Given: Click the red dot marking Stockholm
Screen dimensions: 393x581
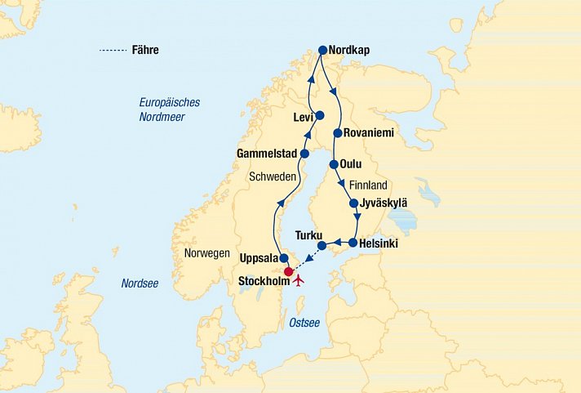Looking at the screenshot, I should tap(287, 272).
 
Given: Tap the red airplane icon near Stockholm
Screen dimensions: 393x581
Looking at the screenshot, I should tap(298, 281).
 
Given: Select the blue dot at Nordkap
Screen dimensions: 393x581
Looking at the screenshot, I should tap(322, 50).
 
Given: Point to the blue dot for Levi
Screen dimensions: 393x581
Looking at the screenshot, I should tap(320, 115).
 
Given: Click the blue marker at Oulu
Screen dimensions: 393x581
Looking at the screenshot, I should tap(334, 164).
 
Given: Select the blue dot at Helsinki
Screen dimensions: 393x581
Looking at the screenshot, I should tap(353, 243).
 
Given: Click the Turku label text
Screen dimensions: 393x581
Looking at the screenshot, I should tap(310, 234).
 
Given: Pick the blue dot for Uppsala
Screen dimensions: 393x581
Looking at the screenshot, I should tap(284, 259).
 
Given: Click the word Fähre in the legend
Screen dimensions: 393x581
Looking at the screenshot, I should tap(144, 50).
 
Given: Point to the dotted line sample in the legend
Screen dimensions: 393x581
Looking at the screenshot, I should tap(112, 51).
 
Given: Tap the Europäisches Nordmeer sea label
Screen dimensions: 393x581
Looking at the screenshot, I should tap(170, 109).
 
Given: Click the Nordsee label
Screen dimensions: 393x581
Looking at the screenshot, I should tap(140, 284).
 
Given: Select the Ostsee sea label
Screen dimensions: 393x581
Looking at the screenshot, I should tap(304, 323).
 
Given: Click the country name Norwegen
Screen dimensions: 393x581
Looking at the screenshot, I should tap(206, 253).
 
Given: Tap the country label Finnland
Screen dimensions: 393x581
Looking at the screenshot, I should tap(368, 185).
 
